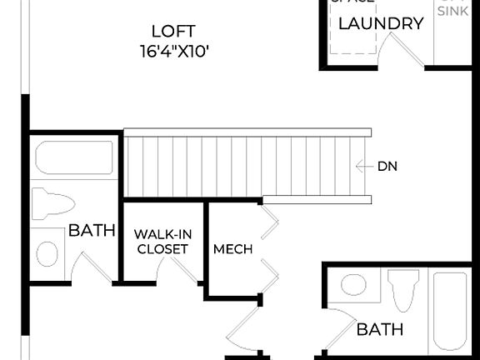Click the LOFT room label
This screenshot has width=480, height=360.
click(x=174, y=32)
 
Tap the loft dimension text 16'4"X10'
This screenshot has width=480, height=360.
click(x=174, y=51)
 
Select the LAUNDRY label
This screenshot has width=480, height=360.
click(x=381, y=23)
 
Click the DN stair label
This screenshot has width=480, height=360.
click(x=387, y=166)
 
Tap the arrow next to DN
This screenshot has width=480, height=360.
click(x=363, y=166)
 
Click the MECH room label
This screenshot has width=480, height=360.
click(x=232, y=249)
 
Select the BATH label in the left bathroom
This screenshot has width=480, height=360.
click(x=92, y=230)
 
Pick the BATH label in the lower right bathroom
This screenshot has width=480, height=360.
click(x=380, y=329)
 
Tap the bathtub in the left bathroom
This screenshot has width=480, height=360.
click(x=74, y=158)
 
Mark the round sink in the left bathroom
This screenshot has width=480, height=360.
click(x=48, y=253)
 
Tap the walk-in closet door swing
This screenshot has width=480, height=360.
click(x=184, y=268)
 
